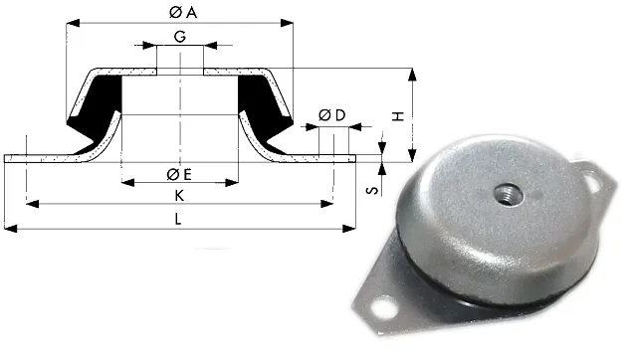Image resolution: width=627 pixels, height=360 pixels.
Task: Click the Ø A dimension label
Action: [183, 13]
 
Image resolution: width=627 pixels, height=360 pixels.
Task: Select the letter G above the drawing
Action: [180, 37]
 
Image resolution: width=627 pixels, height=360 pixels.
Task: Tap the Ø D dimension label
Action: [331, 115]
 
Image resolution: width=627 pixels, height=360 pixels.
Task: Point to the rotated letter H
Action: [398, 116]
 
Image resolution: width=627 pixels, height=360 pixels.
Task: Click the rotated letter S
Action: [372, 189]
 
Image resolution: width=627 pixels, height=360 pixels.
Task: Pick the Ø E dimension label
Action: [179, 174]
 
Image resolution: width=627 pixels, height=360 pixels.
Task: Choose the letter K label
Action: [179, 195]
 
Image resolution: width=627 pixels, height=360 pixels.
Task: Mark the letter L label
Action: [178, 219]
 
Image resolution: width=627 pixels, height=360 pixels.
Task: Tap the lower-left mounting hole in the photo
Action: [383, 307]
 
